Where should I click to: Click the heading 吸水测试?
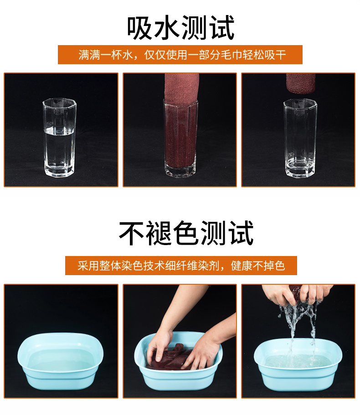tap(181, 28)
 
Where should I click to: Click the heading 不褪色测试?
tap(186, 233)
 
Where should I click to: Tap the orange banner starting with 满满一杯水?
tap(180, 55)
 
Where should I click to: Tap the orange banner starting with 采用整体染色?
tap(181, 266)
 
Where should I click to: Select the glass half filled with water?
tap(59, 138)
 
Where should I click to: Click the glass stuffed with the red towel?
tap(180, 138)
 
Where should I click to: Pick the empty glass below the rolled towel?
tap(300, 138)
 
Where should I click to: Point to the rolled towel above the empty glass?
tap(301, 83)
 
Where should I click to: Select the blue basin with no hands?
tap(61, 361)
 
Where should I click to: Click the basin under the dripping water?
tap(298, 364)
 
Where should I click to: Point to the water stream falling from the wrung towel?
tap(297, 329)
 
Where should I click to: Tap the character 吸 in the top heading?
tap(139, 28)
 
